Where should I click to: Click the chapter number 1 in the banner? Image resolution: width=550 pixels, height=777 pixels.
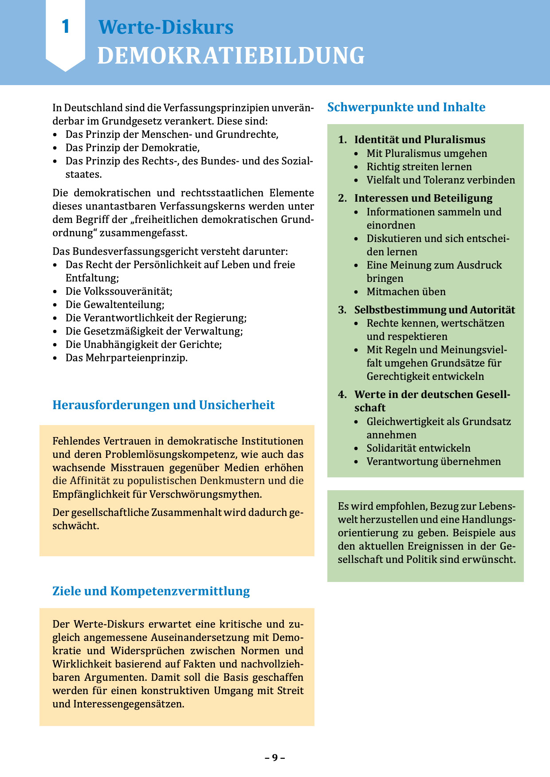(66, 27)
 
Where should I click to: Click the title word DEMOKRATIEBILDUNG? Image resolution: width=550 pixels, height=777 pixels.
(231, 56)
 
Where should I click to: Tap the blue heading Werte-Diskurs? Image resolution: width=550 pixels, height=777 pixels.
(165, 27)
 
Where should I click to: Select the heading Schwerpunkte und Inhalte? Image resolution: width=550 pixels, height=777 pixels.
(406, 107)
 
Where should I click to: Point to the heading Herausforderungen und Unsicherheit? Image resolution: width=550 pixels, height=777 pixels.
(163, 405)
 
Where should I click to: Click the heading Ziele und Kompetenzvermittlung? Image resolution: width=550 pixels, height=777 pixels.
(151, 591)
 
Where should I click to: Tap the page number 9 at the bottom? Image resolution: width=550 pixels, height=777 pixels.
(275, 757)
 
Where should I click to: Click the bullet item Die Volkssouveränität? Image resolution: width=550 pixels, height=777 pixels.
(119, 291)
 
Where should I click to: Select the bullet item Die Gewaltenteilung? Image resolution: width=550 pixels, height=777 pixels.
(115, 305)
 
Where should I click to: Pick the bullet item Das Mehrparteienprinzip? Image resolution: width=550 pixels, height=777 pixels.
(126, 358)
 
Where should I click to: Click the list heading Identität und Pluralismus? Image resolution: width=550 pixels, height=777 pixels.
(420, 140)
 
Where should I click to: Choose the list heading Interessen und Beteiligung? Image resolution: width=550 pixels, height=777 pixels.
(423, 198)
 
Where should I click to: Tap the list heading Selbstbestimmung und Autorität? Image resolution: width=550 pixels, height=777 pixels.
(435, 310)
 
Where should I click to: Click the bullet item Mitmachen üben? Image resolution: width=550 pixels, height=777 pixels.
(406, 292)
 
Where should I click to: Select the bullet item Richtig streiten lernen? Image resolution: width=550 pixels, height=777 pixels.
(419, 167)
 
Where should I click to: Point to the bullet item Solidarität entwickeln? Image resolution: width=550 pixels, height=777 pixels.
(418, 448)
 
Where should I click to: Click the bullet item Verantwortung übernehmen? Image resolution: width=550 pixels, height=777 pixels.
(433, 461)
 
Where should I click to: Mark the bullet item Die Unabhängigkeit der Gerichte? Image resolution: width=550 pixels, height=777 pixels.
(143, 344)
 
